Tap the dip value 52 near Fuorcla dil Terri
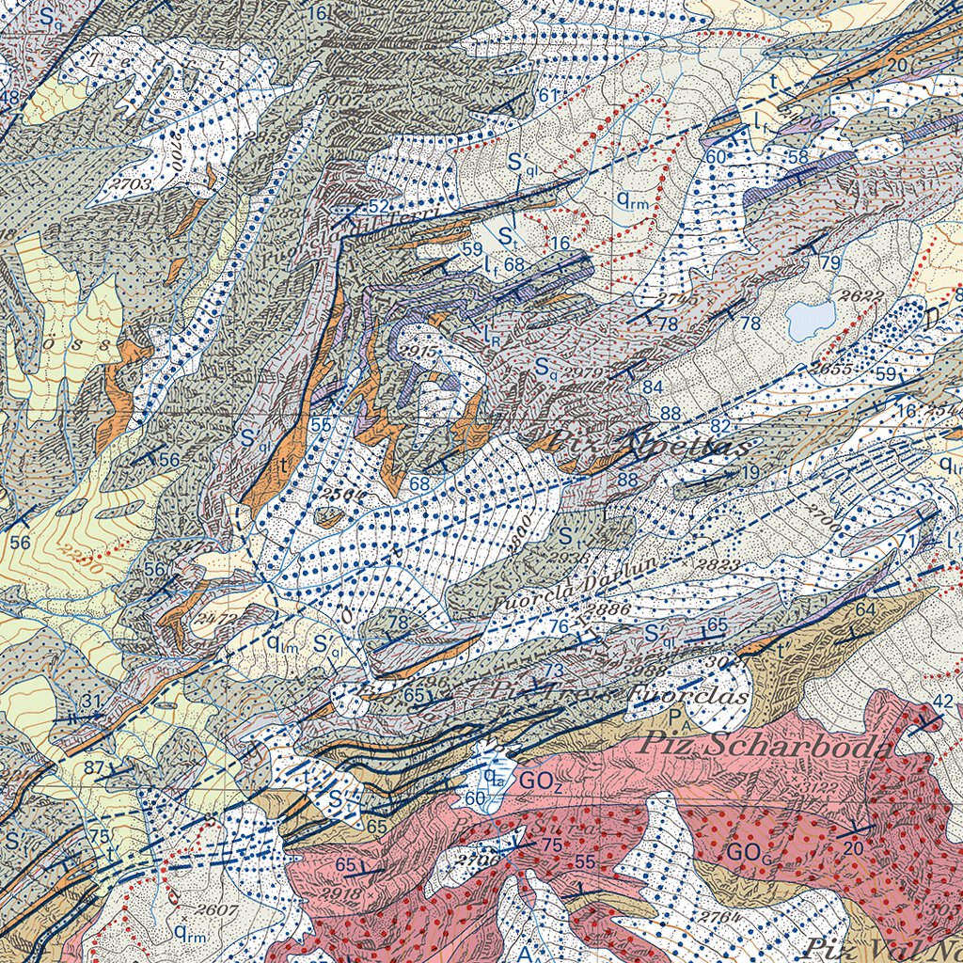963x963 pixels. click(378, 206)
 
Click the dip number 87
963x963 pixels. click(94, 767)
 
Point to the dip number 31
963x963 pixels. click(90, 701)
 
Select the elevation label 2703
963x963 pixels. click(130, 184)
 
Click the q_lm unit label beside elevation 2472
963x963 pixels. click(282, 643)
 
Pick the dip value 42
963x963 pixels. click(943, 701)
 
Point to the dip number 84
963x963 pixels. click(652, 387)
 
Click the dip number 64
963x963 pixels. click(865, 610)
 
